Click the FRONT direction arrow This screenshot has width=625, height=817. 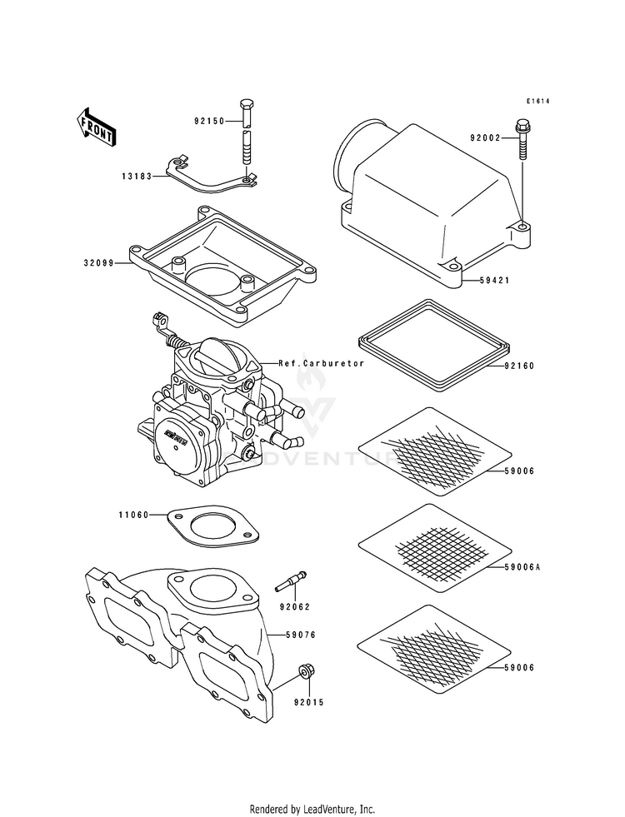pyautogui.click(x=97, y=127)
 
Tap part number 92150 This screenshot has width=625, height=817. pyautogui.click(x=209, y=122)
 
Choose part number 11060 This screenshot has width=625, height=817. pyautogui.click(x=132, y=515)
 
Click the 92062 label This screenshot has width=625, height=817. pyautogui.click(x=292, y=608)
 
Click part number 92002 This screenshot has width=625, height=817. pyautogui.click(x=484, y=137)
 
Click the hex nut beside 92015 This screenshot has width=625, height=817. pyautogui.click(x=306, y=672)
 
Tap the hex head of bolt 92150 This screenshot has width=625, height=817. pyautogui.click(x=246, y=107)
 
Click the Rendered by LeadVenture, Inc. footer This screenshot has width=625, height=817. pyautogui.click(x=312, y=809)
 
